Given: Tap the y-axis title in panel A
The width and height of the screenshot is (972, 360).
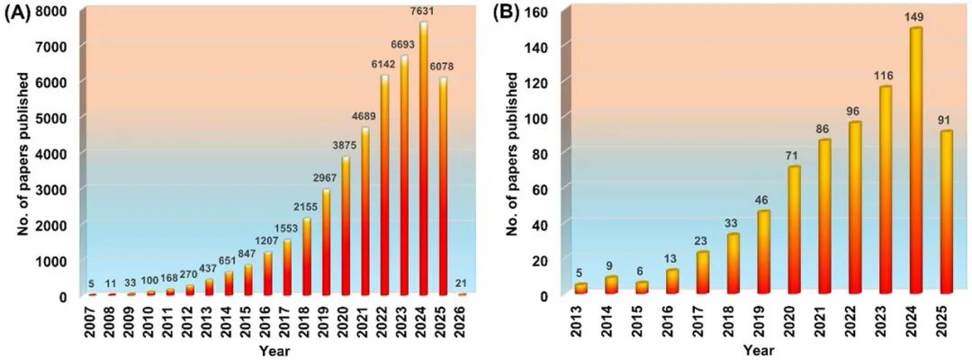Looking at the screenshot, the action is (x=22, y=153).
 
